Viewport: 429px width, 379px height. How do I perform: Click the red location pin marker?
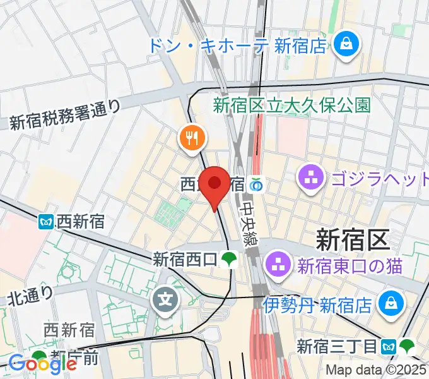point(214,184)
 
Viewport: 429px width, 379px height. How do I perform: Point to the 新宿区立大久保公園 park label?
point(291,104)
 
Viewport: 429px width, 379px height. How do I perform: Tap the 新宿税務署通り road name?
point(64,115)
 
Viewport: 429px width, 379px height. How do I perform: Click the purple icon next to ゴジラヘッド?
point(311,177)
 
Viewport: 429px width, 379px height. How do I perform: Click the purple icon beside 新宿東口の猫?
point(277,264)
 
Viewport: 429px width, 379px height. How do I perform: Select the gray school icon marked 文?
point(165,296)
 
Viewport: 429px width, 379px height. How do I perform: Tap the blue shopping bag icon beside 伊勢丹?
point(389,304)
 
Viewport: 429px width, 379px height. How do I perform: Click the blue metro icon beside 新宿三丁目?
point(390,346)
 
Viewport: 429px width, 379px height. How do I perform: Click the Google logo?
point(42,363)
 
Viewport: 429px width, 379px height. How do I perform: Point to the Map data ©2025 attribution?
point(376,370)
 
